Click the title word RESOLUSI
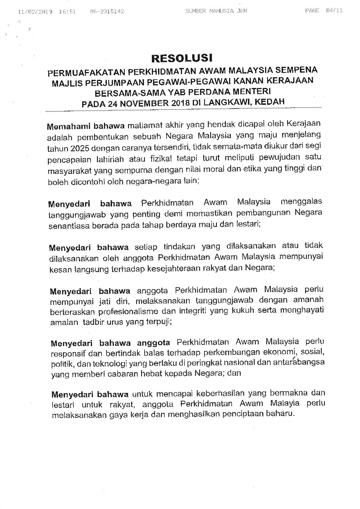[182, 58]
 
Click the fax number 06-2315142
[107, 12]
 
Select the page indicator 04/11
[334, 11]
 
